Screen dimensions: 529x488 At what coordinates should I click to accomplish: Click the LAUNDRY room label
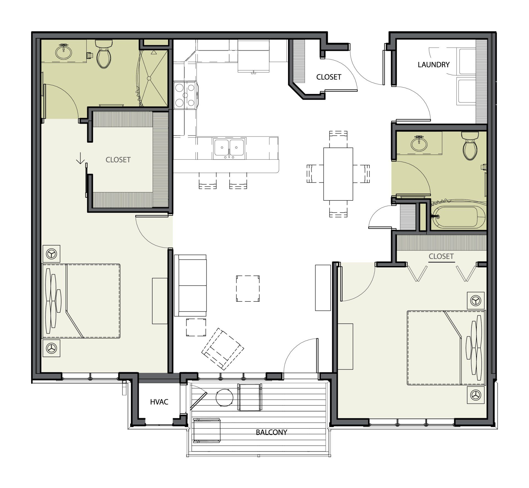(x=433, y=65)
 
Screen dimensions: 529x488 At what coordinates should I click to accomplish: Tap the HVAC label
(x=159, y=402)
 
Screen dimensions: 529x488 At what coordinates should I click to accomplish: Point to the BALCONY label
(x=271, y=432)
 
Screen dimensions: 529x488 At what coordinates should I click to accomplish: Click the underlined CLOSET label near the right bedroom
(x=441, y=257)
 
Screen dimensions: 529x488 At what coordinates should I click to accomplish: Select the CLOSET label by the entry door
(x=329, y=77)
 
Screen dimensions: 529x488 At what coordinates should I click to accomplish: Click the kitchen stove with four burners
(x=185, y=95)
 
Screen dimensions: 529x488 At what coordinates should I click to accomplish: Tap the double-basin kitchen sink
(x=229, y=149)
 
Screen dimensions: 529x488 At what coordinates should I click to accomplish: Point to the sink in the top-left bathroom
(x=64, y=52)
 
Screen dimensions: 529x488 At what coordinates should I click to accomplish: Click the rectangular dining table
(x=338, y=174)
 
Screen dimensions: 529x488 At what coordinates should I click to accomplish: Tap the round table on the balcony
(x=225, y=397)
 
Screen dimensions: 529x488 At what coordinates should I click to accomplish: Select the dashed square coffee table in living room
(x=248, y=289)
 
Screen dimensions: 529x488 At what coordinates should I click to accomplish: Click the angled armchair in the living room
(x=223, y=349)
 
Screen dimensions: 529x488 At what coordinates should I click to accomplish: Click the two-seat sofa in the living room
(x=190, y=285)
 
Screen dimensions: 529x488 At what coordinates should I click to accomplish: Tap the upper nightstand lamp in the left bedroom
(x=51, y=254)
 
